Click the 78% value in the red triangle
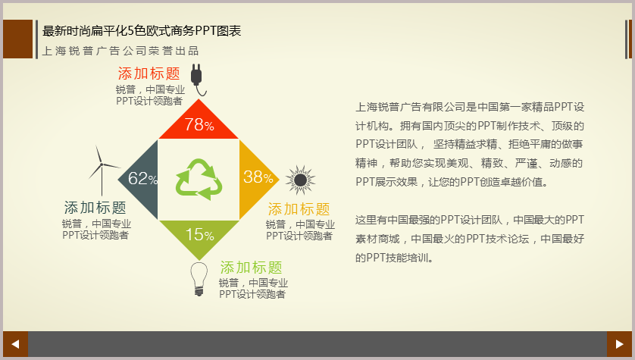199,124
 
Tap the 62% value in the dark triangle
142,178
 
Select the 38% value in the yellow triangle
258,177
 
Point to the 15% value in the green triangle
199,234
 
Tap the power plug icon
197,80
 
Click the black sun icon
300,180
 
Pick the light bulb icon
199,279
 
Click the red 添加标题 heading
149,74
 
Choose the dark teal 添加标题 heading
95,208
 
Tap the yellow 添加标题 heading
299,209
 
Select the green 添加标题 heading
251,268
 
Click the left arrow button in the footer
15,344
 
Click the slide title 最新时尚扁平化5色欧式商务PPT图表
142,31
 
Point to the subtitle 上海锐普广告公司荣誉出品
120,51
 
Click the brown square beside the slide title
18,39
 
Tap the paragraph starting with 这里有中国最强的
470,239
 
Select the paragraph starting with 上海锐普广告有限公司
470,145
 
